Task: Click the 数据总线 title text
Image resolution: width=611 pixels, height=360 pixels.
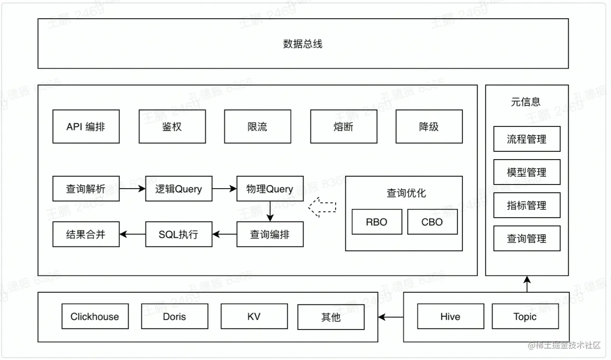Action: coord(302,44)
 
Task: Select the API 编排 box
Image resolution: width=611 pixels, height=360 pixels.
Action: coord(86,126)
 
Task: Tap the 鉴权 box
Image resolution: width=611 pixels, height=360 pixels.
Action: coord(172,126)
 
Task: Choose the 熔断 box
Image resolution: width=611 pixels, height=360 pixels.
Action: coord(343,126)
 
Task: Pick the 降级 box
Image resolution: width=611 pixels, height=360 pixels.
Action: coord(429,126)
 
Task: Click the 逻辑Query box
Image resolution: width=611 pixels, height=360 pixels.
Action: coord(179,189)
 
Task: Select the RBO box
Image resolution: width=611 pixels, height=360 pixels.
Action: coord(376,222)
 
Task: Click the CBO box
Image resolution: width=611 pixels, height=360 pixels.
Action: coord(432,222)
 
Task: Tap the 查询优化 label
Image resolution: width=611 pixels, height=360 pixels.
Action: coord(406,193)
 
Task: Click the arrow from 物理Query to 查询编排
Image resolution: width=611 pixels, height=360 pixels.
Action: coord(270,211)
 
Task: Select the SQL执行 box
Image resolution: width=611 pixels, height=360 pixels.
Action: coord(179,235)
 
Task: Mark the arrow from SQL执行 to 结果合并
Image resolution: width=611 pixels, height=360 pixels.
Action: coord(132,235)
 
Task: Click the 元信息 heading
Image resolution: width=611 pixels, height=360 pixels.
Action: coord(526,102)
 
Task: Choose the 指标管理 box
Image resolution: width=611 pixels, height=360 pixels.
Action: coord(526,205)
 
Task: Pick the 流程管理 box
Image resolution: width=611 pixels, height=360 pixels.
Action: coord(526,139)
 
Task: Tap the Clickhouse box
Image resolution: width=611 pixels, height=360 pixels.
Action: coord(95,317)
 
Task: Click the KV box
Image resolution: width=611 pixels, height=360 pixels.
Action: coord(254,317)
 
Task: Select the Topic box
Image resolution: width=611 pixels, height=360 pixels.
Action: coord(525,317)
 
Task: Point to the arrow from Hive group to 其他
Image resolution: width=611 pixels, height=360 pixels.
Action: coord(391,317)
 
